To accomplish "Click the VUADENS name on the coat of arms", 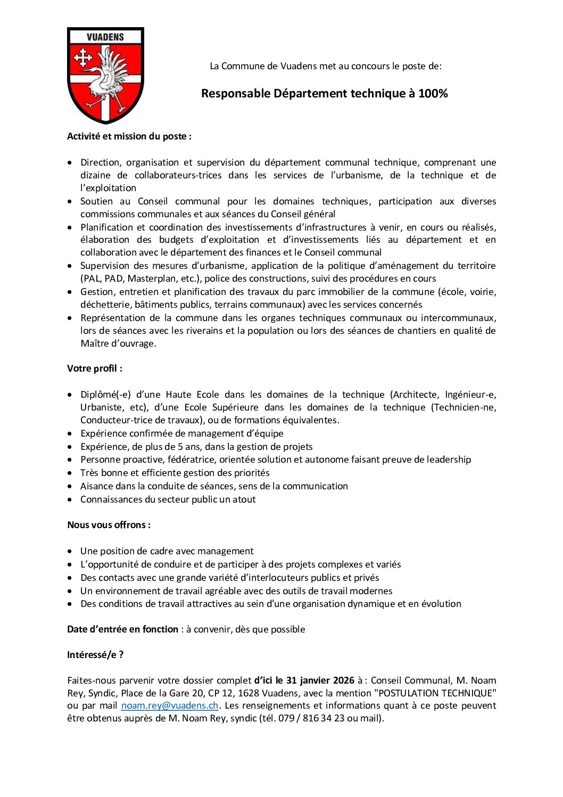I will click(x=105, y=37).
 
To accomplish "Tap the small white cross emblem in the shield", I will click(x=83, y=57).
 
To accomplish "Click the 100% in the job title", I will click(x=433, y=94).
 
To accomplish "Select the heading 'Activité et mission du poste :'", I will click(x=129, y=136).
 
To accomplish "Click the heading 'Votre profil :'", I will click(x=95, y=368).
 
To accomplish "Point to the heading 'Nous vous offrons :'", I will click(x=109, y=525).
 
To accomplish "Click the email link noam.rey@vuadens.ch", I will click(x=170, y=705).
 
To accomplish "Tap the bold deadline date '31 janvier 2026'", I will click(x=320, y=680).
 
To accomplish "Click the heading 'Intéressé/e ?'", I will click(x=95, y=655).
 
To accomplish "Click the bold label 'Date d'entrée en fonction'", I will click(x=123, y=629).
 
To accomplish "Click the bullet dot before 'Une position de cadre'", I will click(x=70, y=552).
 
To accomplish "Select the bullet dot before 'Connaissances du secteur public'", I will click(x=70, y=500).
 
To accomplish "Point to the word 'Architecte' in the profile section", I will click(x=415, y=395).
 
